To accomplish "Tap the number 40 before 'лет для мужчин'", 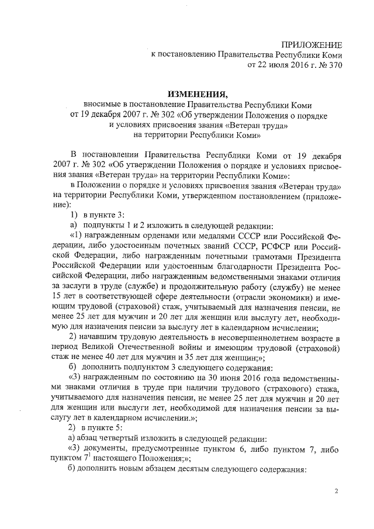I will (116, 359).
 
